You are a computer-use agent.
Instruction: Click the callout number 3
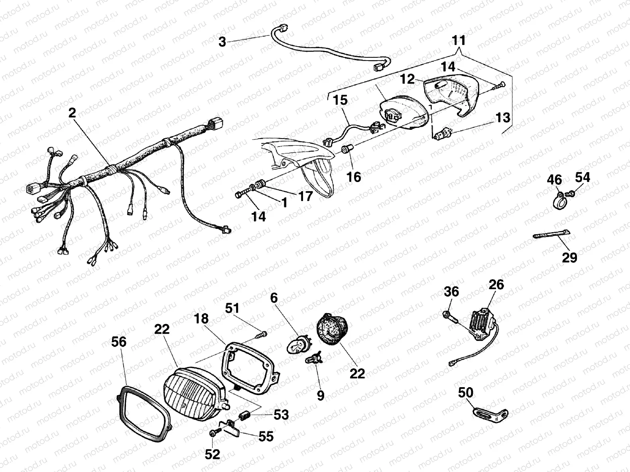pos(222,41)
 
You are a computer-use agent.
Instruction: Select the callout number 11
pos(459,41)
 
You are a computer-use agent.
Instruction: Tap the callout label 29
pos(569,258)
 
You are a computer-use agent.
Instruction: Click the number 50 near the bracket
pos(465,393)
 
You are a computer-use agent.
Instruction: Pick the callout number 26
pos(496,284)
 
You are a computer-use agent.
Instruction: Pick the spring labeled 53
pos(243,417)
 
